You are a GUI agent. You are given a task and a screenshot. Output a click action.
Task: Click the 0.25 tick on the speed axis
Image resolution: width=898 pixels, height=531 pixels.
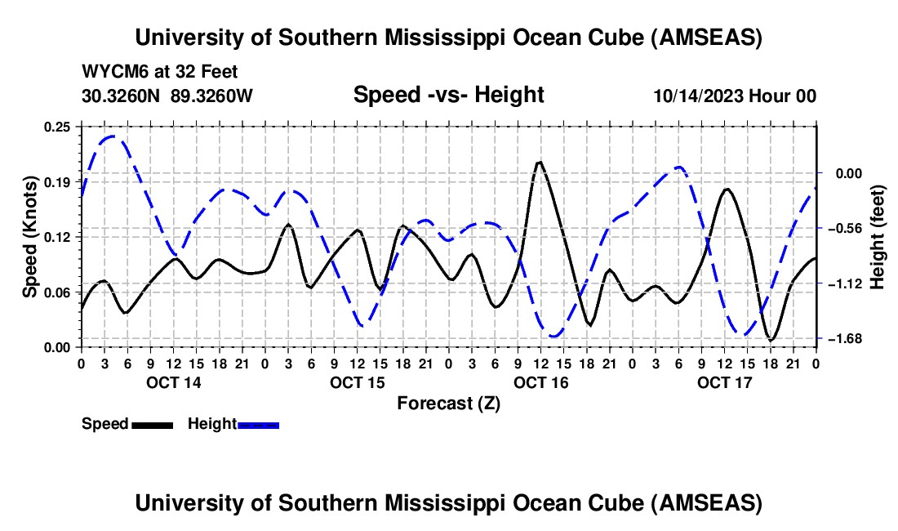point(59,126)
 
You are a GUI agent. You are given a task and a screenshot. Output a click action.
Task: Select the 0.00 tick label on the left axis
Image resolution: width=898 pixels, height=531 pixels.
point(59,347)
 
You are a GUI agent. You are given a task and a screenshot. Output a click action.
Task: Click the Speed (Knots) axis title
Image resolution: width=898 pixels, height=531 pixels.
point(30,236)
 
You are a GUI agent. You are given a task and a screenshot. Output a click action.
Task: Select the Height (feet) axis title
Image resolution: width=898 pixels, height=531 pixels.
point(878,236)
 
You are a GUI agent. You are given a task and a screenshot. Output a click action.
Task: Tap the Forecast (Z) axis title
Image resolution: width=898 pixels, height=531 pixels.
point(448,403)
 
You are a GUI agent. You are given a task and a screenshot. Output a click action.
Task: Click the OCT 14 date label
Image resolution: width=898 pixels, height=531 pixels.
point(174,382)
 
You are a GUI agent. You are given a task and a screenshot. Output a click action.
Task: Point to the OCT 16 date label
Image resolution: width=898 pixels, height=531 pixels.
point(541,382)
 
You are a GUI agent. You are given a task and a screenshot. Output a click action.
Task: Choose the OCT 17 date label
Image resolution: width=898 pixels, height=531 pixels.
point(725,382)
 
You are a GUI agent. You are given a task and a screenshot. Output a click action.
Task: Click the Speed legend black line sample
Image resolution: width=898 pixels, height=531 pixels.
point(152,424)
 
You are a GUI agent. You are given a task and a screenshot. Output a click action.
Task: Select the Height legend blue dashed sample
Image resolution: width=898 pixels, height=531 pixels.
point(259,424)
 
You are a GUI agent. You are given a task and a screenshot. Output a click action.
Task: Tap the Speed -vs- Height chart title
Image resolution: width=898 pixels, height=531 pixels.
point(448,95)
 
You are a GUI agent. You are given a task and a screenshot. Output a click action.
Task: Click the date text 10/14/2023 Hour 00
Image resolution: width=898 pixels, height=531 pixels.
point(735,96)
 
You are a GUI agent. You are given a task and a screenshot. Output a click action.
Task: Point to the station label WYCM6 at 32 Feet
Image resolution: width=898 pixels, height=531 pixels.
point(160,72)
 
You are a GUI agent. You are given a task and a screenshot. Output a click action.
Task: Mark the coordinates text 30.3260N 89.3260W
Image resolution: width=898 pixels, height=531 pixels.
point(167,96)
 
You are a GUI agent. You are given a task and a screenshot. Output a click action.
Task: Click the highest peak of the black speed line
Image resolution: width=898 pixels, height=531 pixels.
point(539,162)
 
